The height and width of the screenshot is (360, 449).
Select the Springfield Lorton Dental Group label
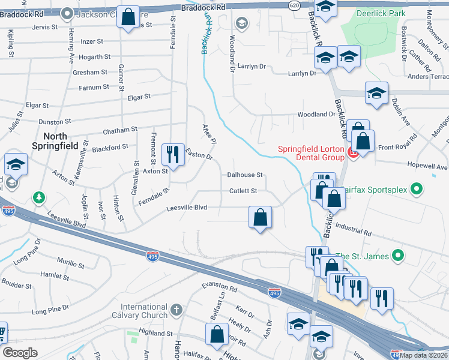(x=310, y=153)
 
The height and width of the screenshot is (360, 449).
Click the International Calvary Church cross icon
(x=176, y=310)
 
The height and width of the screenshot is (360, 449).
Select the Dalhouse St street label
(x=245, y=175)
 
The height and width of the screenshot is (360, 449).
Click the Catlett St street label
(x=243, y=191)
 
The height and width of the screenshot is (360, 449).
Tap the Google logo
(x=20, y=353)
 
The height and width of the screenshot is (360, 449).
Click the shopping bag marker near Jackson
(x=128, y=17)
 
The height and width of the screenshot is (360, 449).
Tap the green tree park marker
(x=39, y=197)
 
